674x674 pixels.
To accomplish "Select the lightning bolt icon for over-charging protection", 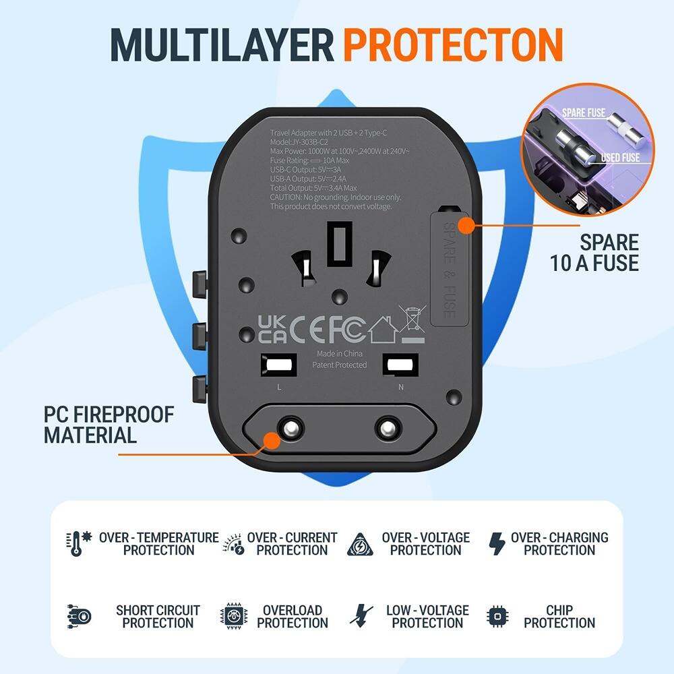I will pos(497,543).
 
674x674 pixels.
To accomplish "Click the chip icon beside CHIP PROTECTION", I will pos(497,616).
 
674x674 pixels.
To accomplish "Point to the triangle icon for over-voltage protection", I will pos(361,544).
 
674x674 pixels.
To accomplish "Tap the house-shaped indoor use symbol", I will pos(382,328).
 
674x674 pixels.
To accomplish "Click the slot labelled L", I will pos(278,365).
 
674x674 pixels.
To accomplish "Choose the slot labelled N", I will pos(400,365).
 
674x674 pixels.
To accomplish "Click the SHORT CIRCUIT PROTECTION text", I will pos(158,616).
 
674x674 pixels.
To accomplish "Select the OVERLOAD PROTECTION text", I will pos(293,616).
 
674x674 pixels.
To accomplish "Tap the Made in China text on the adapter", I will pos(339,353).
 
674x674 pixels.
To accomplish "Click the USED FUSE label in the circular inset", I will pos(619,157).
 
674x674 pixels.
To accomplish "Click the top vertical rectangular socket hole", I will pos(339,243).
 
